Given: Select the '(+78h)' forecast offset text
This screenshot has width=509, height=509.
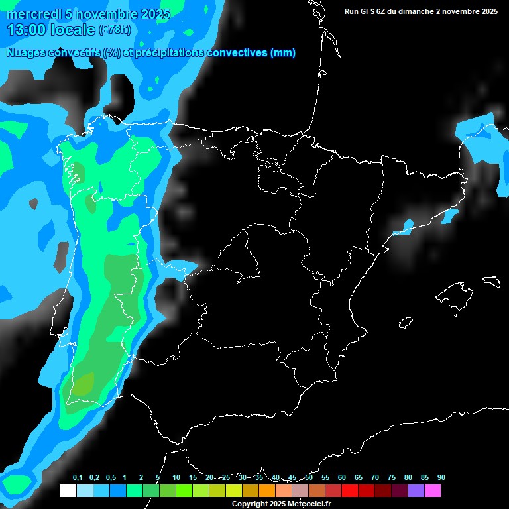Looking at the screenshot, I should pyautogui.click(x=115, y=30).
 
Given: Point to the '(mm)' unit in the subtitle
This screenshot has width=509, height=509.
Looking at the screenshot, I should pyautogui.click(x=282, y=53).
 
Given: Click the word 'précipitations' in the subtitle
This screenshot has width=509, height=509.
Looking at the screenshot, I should pyautogui.click(x=169, y=53).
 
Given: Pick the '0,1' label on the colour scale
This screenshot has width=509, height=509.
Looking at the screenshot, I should pyautogui.click(x=78, y=478).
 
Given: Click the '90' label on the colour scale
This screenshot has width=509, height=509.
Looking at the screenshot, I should pyautogui.click(x=441, y=478).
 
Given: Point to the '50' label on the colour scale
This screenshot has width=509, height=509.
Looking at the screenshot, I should pyautogui.click(x=309, y=478).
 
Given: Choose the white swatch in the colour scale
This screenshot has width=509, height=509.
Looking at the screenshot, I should pyautogui.click(x=68, y=490).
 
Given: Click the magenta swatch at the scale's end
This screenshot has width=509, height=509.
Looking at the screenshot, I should pyautogui.click(x=433, y=490).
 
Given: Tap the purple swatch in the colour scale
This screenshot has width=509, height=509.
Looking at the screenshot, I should pyautogui.click(x=416, y=490).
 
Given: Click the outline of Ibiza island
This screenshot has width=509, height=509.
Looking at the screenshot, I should pyautogui.click(x=406, y=323).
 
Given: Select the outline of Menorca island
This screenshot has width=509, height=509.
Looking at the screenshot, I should pyautogui.click(x=490, y=280).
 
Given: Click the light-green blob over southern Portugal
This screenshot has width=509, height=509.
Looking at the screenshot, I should pyautogui.click(x=84, y=384).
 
